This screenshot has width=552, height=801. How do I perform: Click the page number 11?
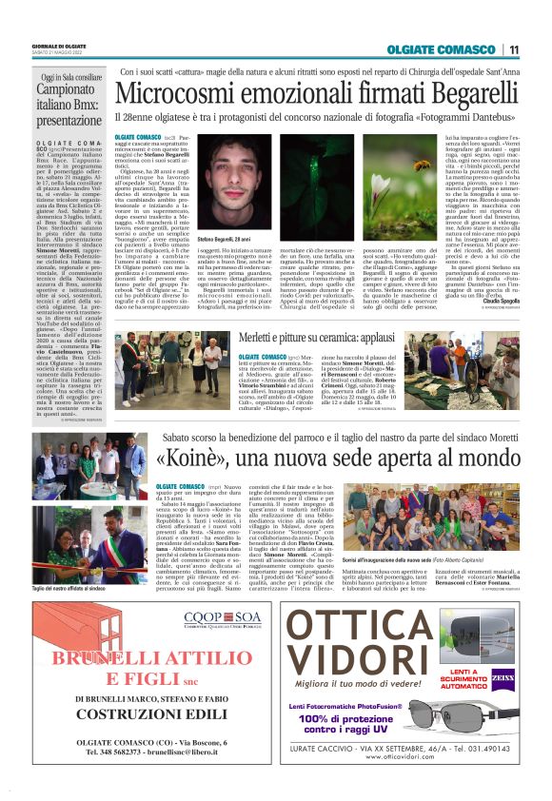(513, 49)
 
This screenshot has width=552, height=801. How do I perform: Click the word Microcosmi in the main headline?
(187, 93)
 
